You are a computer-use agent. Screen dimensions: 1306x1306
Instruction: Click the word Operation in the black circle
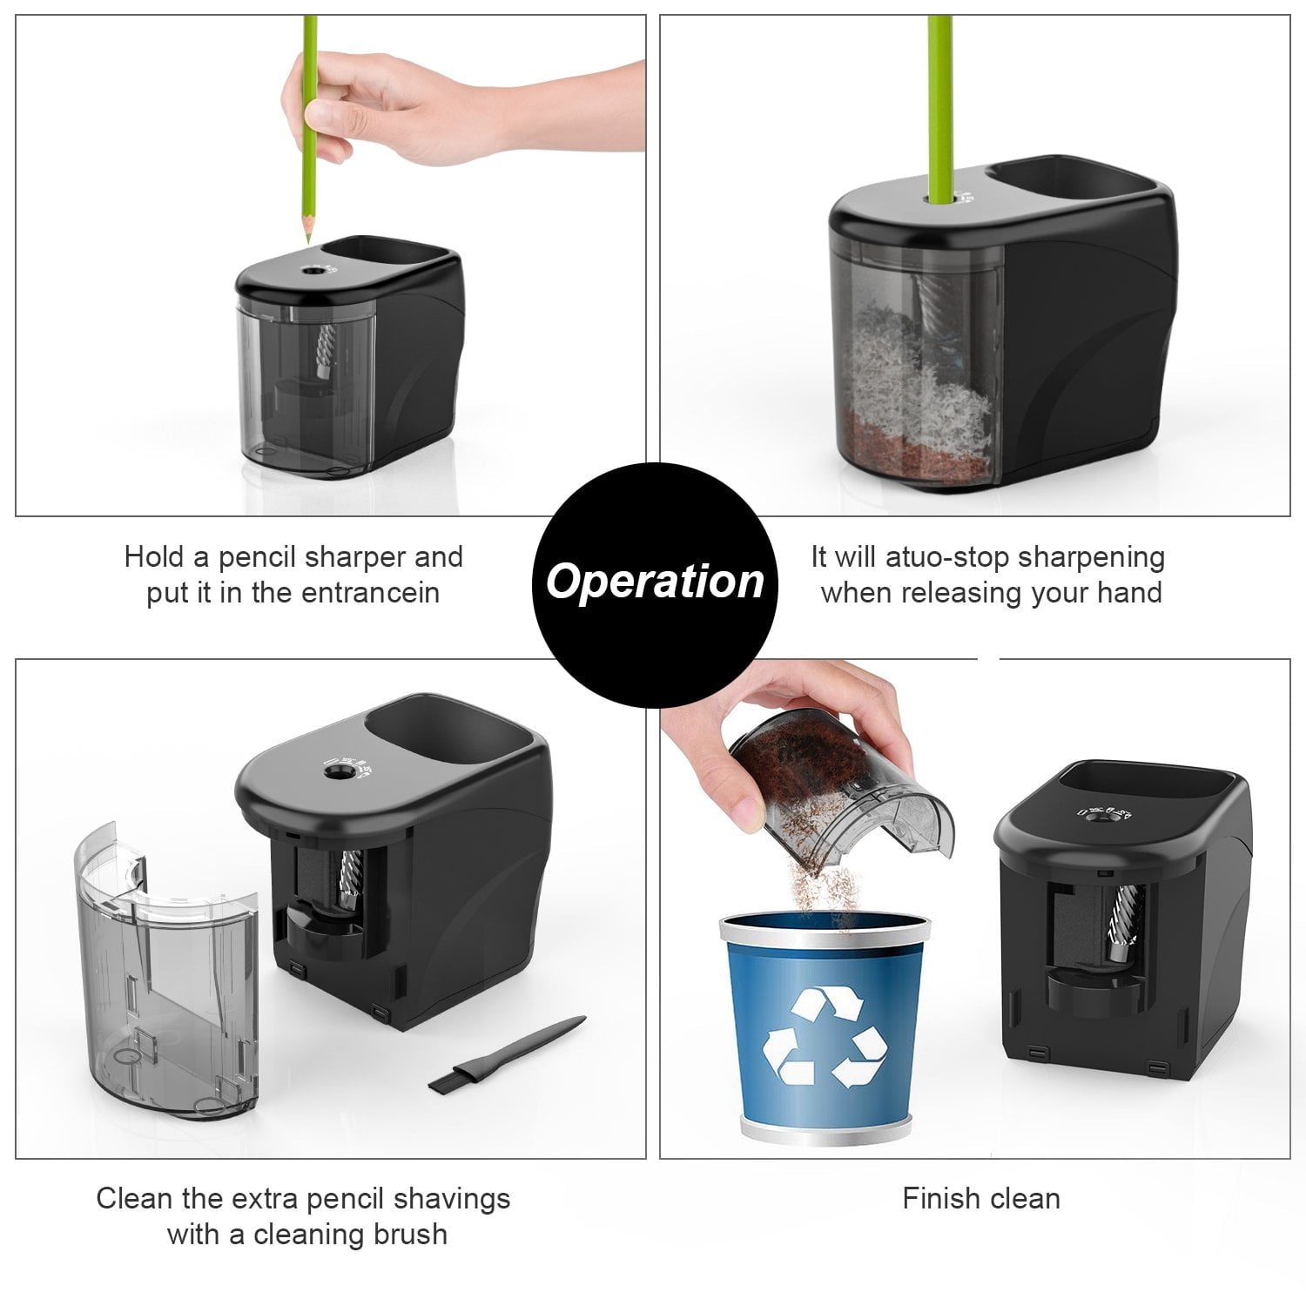click(x=654, y=582)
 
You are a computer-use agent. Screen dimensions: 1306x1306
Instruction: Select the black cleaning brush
click(x=505, y=1054)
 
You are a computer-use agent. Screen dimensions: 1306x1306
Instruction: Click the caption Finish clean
click(x=981, y=1199)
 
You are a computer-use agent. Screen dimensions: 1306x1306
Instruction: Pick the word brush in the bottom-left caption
click(x=407, y=1235)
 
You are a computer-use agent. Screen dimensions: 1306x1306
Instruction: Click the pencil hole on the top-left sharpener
click(x=310, y=272)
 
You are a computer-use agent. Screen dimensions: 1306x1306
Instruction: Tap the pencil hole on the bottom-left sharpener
click(x=333, y=771)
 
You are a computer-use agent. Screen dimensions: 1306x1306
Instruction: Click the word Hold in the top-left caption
click(x=153, y=557)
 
